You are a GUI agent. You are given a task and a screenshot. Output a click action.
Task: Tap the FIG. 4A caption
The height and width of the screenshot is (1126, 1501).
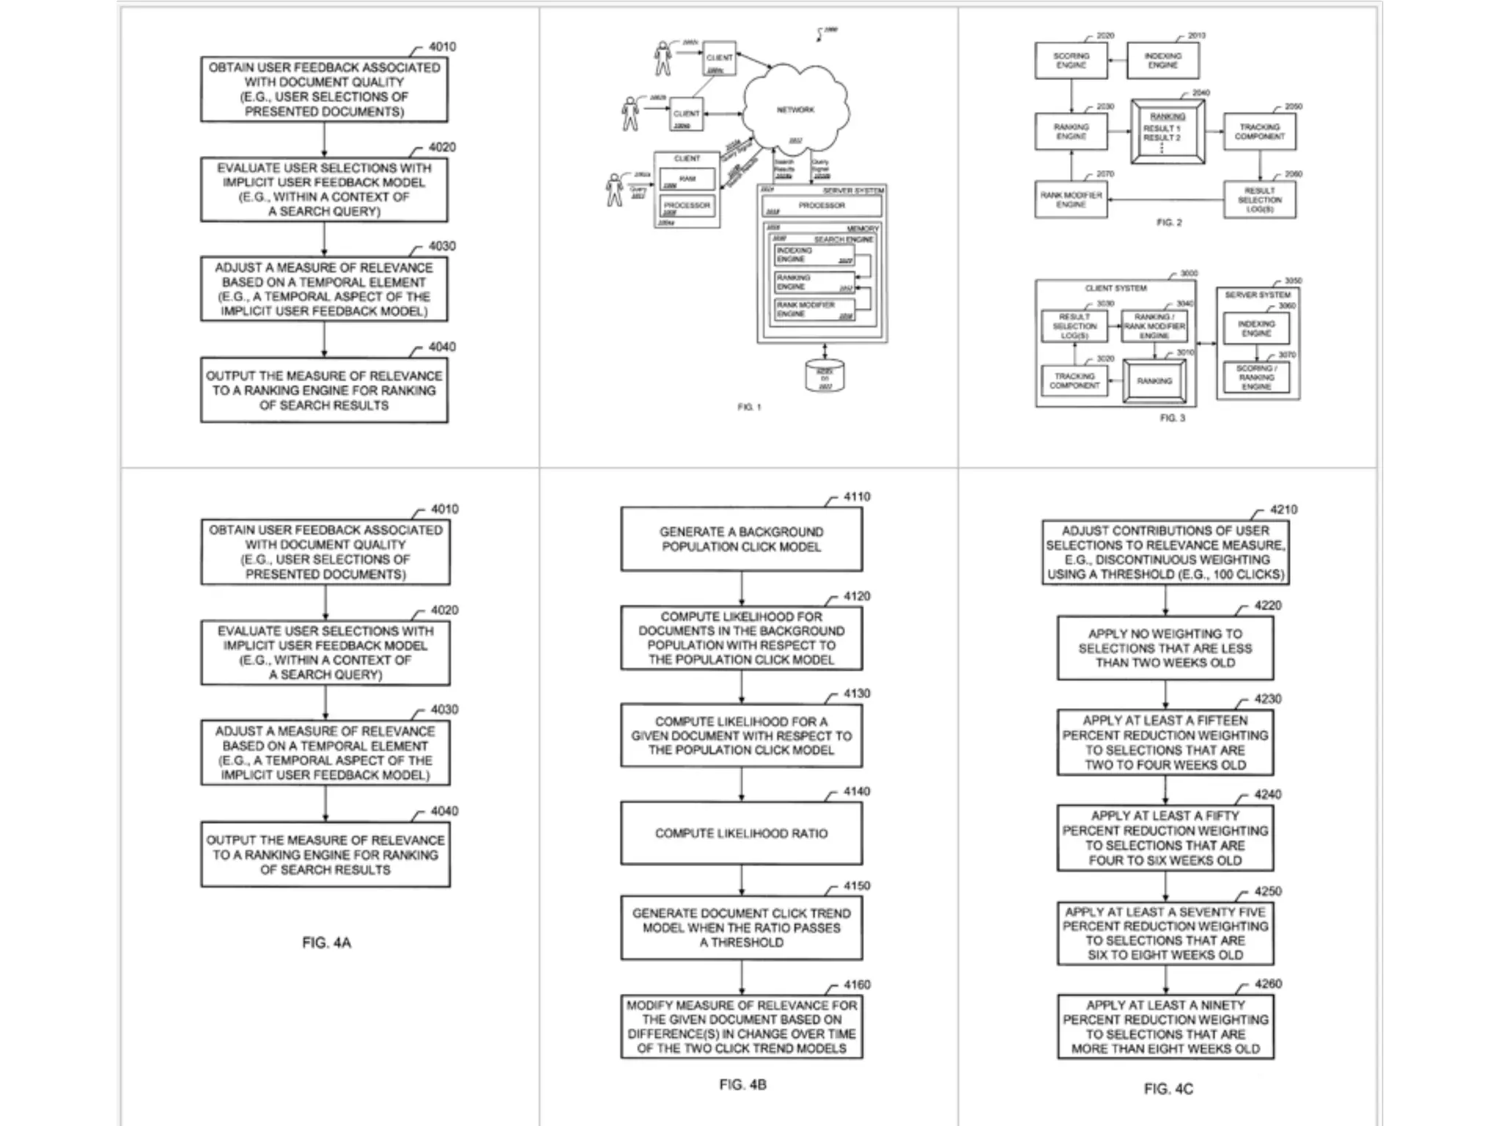(x=326, y=943)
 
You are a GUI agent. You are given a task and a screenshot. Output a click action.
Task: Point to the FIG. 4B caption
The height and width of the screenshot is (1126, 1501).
(x=742, y=1084)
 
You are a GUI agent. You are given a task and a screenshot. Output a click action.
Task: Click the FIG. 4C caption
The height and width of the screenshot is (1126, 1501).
(x=1168, y=1089)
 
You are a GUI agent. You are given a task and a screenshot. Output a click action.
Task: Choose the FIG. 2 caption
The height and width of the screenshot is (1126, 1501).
(x=1169, y=222)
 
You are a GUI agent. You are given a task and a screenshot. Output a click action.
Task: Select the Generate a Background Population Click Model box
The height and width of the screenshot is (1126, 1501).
(x=741, y=539)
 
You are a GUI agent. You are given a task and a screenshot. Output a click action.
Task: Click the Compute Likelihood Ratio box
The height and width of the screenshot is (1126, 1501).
(x=741, y=834)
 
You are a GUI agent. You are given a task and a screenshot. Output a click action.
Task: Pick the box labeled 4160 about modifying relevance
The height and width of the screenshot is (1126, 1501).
(x=741, y=1026)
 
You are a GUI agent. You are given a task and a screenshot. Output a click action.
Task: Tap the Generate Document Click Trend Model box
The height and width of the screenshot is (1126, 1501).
(x=741, y=927)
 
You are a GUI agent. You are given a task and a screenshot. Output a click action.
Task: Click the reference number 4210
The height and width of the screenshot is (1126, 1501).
(x=1283, y=509)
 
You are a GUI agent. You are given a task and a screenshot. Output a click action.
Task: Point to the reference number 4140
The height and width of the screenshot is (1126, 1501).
(x=856, y=792)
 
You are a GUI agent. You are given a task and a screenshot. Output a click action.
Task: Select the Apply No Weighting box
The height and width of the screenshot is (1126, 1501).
(x=1165, y=648)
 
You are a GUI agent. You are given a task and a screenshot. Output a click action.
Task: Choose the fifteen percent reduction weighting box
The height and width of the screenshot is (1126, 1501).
(x=1165, y=743)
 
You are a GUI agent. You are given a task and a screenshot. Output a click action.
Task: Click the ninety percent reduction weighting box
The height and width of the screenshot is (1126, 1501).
(x=1165, y=1026)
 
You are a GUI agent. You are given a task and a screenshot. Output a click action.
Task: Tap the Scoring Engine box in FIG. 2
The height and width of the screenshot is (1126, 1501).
(x=1071, y=61)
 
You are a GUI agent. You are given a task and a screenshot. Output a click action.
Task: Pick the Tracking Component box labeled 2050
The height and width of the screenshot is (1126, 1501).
(x=1259, y=132)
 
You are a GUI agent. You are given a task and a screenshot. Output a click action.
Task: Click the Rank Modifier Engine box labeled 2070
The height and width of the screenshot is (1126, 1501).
(x=1071, y=200)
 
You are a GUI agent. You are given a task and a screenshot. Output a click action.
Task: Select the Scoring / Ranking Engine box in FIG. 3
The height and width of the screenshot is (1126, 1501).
(x=1256, y=378)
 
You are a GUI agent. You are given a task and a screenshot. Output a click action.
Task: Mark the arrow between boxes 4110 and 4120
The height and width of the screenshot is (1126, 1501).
(x=741, y=588)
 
